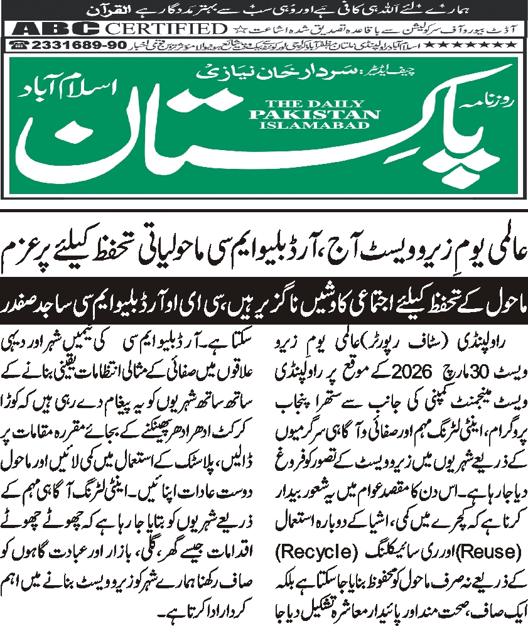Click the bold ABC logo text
tap(55, 29)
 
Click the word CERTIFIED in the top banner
tap(165, 29)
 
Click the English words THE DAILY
tap(314, 104)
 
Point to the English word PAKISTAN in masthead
tap(314, 114)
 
